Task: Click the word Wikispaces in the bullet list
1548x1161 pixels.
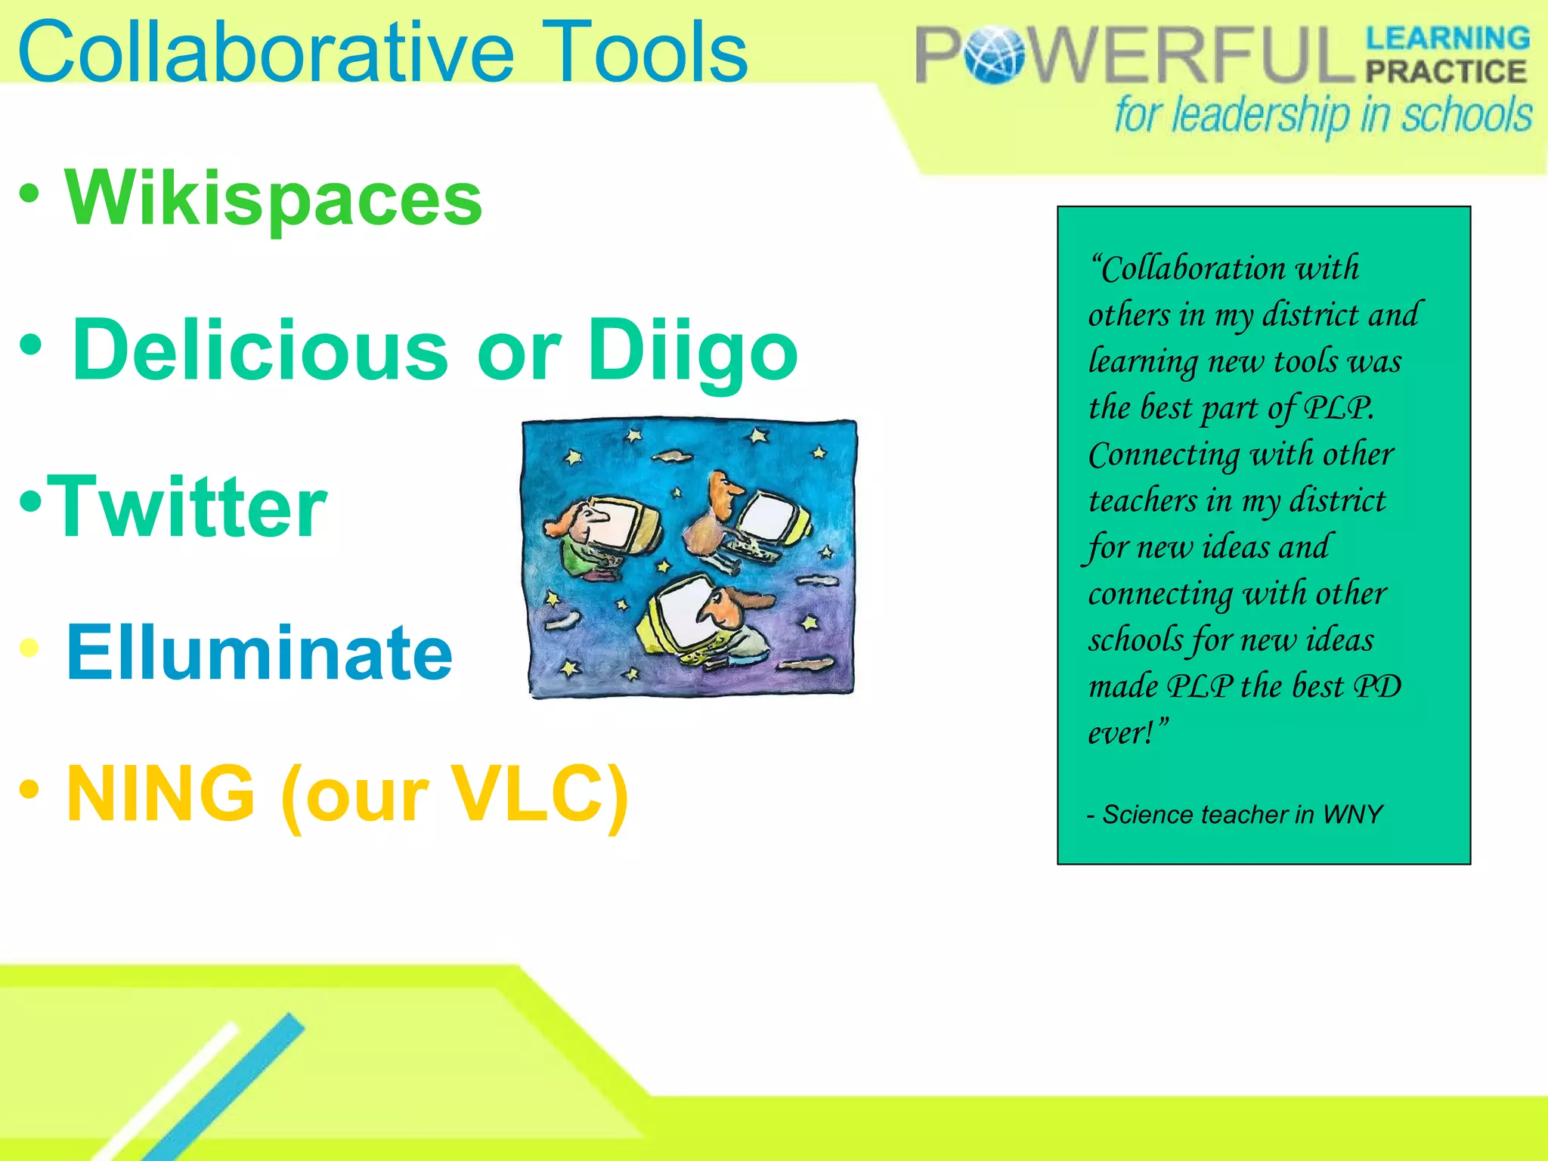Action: tap(274, 198)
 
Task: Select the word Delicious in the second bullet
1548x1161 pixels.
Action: tap(261, 349)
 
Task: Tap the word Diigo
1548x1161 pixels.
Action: tap(692, 351)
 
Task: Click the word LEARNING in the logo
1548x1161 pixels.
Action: tap(1447, 38)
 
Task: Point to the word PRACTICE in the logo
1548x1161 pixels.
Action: tap(1446, 72)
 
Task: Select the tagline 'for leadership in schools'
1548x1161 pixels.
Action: tap(1323, 116)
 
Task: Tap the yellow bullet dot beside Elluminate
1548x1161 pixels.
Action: tap(29, 648)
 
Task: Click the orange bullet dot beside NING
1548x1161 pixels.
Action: tap(29, 788)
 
